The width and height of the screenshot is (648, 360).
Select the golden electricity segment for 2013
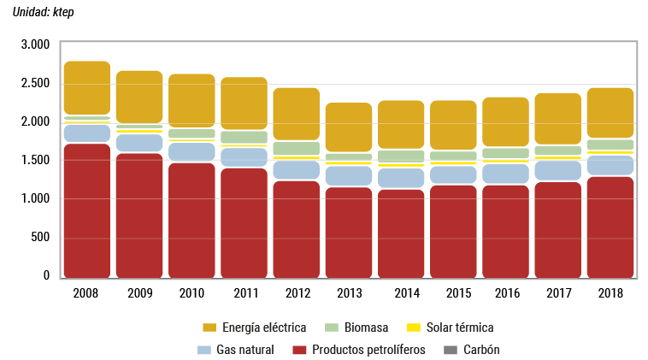tap(348, 127)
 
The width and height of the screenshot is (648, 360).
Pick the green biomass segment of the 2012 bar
tap(296, 148)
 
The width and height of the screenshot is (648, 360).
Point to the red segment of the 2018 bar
tap(610, 227)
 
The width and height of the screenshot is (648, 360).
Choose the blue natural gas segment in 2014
tap(400, 178)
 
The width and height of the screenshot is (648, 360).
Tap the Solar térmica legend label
tap(458, 328)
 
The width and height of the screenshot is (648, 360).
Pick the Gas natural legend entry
tap(244, 350)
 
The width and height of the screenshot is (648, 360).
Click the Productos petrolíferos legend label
tap(368, 350)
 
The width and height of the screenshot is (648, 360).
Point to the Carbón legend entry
tap(481, 350)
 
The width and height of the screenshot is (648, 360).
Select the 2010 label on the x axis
tap(191, 293)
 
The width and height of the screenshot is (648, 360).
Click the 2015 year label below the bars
tap(453, 293)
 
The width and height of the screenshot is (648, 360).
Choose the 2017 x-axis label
tap(557, 293)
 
